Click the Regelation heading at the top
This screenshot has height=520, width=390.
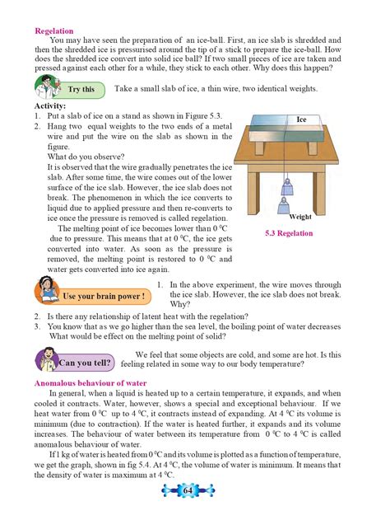(55, 30)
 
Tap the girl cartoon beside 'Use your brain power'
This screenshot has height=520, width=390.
(46, 293)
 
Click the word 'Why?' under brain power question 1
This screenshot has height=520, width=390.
(181, 302)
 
